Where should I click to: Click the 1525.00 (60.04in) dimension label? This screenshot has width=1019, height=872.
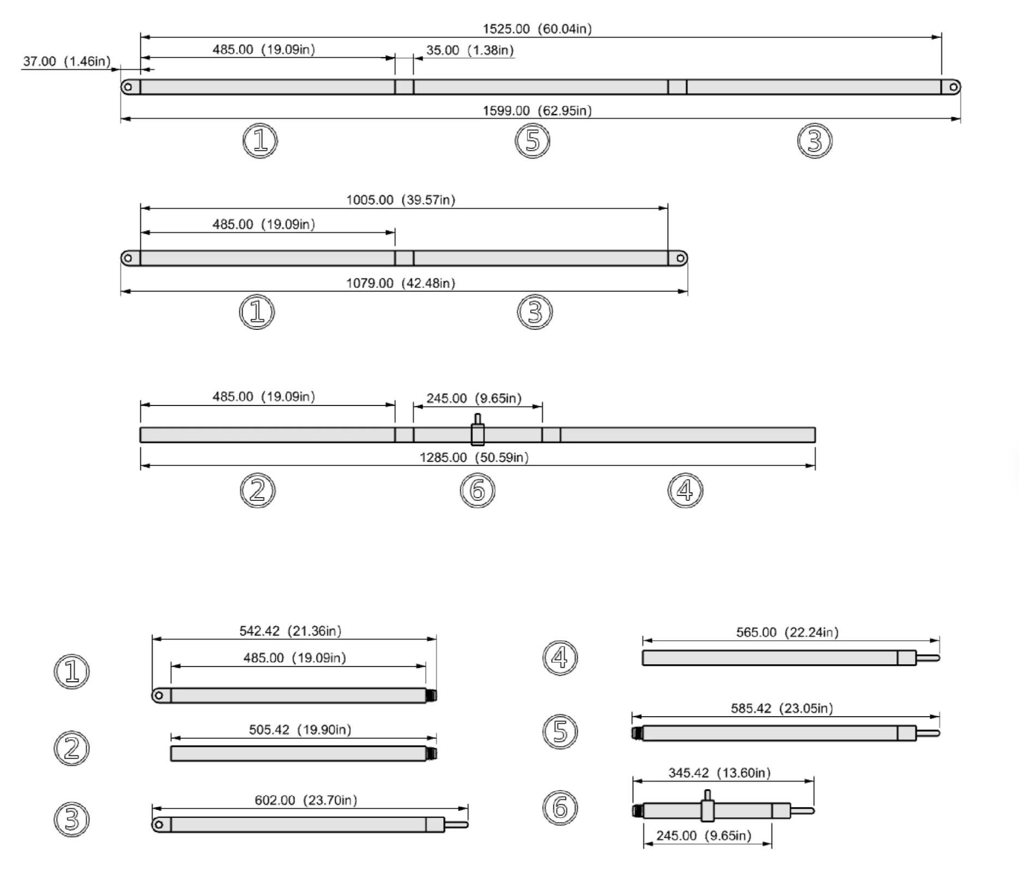tap(537, 28)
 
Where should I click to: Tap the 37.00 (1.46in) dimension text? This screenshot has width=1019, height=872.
tap(67, 61)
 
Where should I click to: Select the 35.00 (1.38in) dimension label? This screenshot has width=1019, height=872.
tap(470, 50)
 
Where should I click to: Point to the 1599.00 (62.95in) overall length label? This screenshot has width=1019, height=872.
tap(537, 111)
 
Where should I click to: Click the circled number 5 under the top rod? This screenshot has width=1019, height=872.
tap(533, 141)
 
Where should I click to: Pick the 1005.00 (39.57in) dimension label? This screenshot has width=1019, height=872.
tap(401, 200)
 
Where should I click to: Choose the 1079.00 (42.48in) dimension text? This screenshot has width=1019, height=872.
tap(401, 283)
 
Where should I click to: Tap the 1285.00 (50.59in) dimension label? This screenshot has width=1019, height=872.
tap(474, 457)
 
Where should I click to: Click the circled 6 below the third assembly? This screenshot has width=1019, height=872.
tap(478, 490)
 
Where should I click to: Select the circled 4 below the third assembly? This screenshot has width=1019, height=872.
tap(685, 490)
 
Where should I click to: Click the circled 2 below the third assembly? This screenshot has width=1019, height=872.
tap(258, 490)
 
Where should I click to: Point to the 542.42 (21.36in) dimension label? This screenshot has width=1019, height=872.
tap(291, 631)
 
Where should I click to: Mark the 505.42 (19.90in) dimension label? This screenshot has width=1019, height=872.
tap(300, 730)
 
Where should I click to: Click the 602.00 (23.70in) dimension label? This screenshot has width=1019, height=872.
tap(306, 801)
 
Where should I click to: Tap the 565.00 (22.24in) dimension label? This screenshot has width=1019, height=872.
tap(787, 633)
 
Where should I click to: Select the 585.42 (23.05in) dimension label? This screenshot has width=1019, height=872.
tap(782, 708)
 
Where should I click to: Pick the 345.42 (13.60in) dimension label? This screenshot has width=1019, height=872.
tap(720, 773)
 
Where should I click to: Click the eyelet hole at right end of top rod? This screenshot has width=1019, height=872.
tap(953, 87)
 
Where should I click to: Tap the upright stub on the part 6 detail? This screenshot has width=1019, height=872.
tap(707, 795)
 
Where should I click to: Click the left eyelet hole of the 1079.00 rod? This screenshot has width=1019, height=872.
tap(128, 258)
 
